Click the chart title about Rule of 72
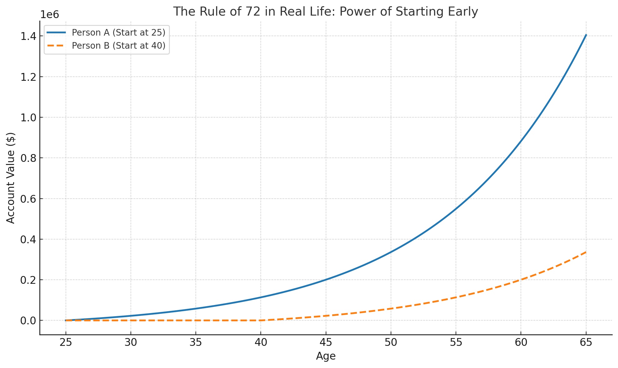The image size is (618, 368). point(325,12)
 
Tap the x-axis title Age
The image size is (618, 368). point(325,356)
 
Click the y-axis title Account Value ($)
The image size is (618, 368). point(11,178)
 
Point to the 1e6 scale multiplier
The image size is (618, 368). point(50,15)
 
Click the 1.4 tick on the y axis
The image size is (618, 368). point(28,36)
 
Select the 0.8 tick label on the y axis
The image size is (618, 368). point(28,158)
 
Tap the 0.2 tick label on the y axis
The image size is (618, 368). point(28,280)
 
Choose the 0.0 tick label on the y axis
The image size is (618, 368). point(28,321)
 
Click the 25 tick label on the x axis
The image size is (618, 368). point(66,343)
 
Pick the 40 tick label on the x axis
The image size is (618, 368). point(261,343)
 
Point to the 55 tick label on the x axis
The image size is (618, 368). point(456,343)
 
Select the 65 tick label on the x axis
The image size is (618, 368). point(586,343)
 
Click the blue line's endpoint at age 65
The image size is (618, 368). point(586,35)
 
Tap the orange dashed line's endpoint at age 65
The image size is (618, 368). point(586,252)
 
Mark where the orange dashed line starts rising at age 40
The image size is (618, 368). point(261,320)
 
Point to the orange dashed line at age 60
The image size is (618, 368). point(521,280)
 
